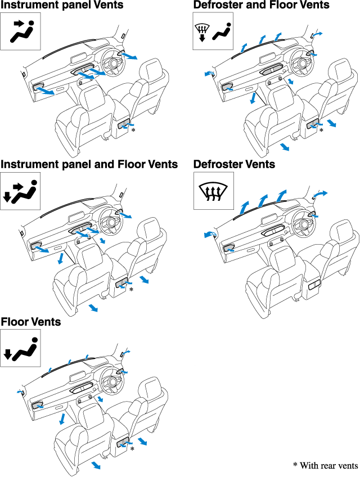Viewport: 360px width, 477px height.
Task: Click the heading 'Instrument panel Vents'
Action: pyautogui.click(x=62, y=6)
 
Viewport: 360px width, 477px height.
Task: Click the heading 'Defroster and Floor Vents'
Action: pyautogui.click(x=261, y=6)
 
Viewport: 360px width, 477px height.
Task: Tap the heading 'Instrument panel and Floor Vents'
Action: pyautogui.click(x=89, y=164)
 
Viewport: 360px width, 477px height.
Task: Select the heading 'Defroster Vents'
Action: pyautogui.click(x=234, y=164)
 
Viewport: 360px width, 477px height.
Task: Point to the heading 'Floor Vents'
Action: pyautogui.click(x=31, y=322)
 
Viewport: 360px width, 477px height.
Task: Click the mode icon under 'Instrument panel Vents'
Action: pyautogui.click(x=21, y=31)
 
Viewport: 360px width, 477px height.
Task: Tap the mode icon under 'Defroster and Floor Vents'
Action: pyautogui.click(x=213, y=31)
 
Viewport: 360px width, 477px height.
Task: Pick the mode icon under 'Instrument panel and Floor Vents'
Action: pyautogui.click(x=21, y=190)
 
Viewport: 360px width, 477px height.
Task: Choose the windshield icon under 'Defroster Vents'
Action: pyautogui.click(x=213, y=190)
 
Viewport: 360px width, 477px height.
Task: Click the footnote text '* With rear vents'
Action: pyautogui.click(x=325, y=466)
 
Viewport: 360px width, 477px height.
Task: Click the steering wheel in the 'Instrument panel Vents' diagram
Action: pyautogui.click(x=111, y=62)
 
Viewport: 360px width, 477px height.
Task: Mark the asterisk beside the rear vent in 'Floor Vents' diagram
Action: pyautogui.click(x=132, y=449)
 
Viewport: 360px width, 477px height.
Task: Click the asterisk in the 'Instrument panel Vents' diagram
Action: pyautogui.click(x=133, y=130)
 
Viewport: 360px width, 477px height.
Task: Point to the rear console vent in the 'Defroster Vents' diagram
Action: pyautogui.click(x=314, y=285)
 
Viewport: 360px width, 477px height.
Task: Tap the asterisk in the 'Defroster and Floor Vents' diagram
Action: pyautogui.click(x=321, y=130)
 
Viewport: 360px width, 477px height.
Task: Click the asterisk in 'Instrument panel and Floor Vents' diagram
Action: pyautogui.click(x=132, y=290)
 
